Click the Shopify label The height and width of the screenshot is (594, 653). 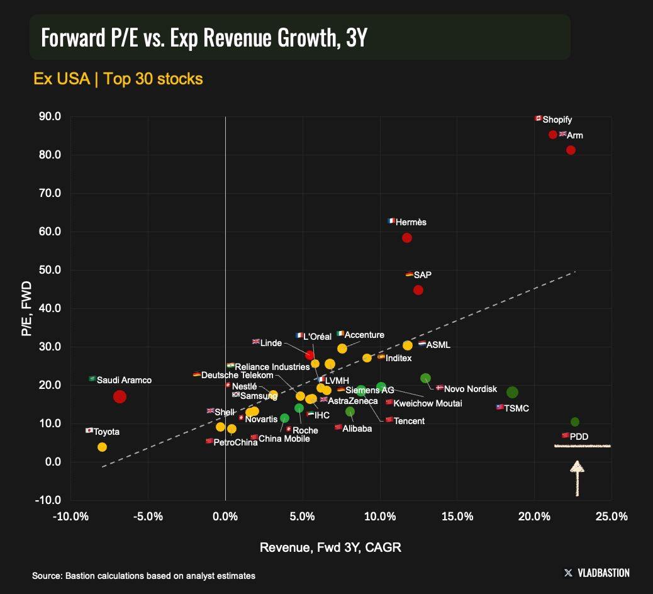pos(557,120)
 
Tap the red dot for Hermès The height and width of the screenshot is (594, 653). pos(407,238)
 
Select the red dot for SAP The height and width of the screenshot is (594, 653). pos(418,290)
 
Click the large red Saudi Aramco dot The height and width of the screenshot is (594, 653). pos(120,396)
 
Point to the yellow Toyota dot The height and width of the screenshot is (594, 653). pos(102,447)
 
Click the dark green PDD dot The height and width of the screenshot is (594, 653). pos(575,422)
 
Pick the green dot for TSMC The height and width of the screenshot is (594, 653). pos(513,392)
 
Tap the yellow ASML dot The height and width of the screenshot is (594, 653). pos(408,345)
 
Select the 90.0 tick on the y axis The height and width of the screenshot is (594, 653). pos(49,116)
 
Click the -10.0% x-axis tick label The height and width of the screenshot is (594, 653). pos(70,517)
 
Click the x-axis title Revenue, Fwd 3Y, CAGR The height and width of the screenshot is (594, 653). pos(330,547)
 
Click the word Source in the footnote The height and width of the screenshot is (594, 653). pos(46,575)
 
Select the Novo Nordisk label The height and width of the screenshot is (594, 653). pos(470,389)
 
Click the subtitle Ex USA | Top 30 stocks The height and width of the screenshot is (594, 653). pos(118,79)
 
